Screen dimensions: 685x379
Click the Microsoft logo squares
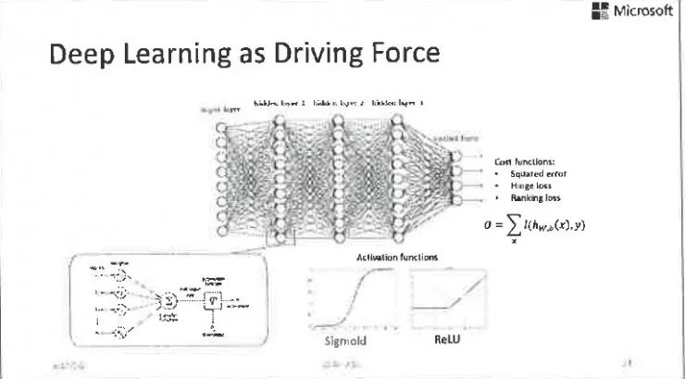tap(606, 12)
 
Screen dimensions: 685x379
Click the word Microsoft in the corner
tap(645, 12)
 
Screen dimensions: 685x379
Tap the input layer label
tap(220, 109)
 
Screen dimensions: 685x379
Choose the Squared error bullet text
tap(538, 172)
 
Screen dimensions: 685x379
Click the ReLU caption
tap(447, 340)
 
